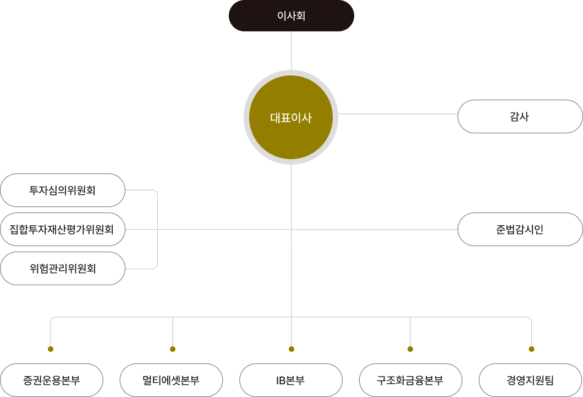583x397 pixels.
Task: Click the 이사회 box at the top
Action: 291,16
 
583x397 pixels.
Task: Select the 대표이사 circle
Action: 291,117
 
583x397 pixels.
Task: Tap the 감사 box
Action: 520,116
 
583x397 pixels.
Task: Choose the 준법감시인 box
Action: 520,229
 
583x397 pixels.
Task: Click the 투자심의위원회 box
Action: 63,191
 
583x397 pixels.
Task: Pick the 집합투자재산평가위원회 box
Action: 62,229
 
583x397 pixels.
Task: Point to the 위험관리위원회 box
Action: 63,269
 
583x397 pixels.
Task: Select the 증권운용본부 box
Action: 52,380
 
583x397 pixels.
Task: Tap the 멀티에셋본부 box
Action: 171,380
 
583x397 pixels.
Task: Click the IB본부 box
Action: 291,380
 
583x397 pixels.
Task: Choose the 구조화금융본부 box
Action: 410,380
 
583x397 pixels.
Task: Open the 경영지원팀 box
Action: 530,380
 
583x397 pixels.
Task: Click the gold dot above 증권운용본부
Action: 51,349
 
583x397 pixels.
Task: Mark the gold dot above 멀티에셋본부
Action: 173,349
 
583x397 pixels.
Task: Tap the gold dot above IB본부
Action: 291,349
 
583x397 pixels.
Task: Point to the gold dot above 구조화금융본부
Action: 410,349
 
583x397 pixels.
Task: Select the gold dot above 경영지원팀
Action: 531,349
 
